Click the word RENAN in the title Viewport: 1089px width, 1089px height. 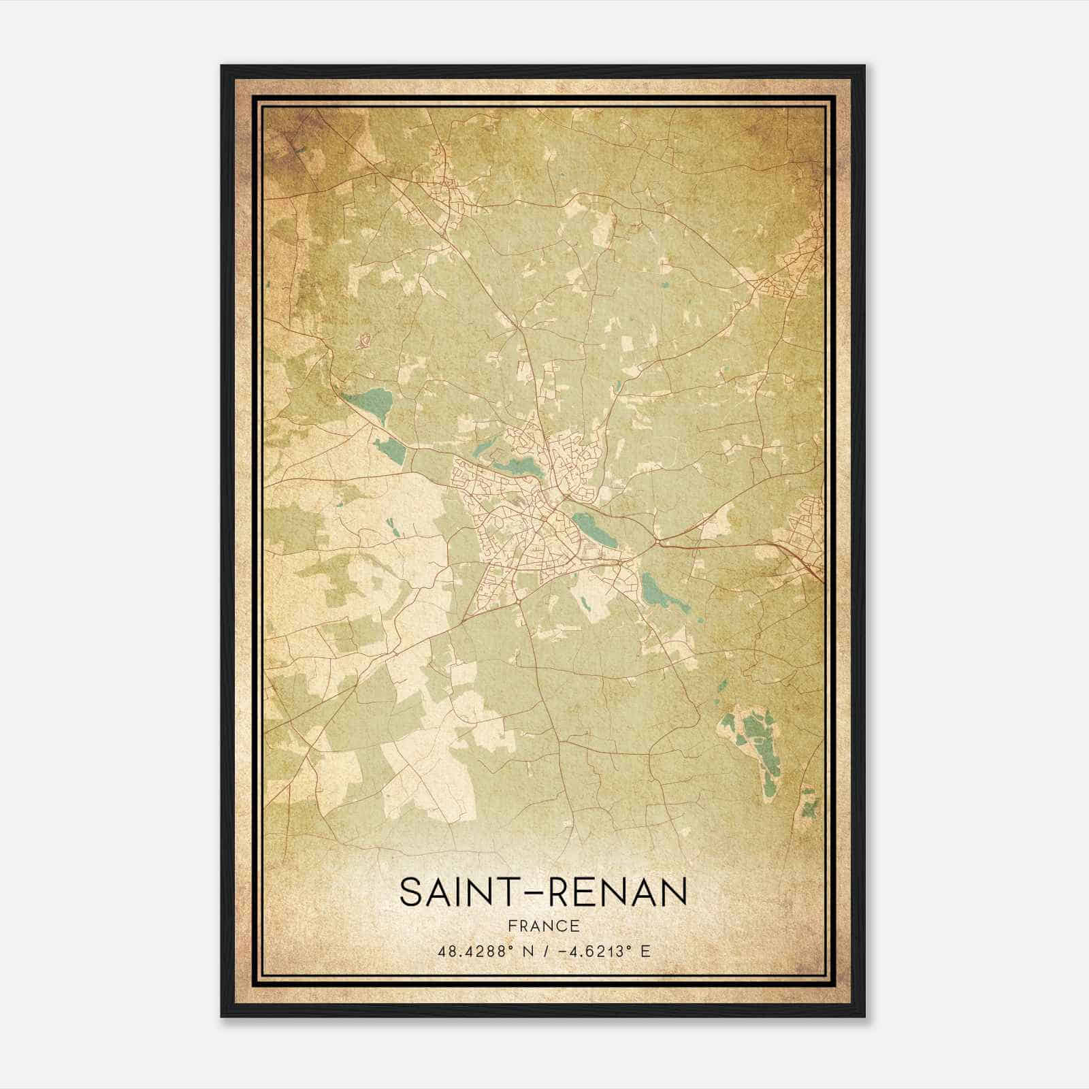(618, 892)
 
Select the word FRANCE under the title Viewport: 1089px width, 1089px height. (544, 926)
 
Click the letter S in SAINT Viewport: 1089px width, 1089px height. (411, 892)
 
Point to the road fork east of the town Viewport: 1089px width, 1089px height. (657, 542)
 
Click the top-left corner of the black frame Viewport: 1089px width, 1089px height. (223, 67)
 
